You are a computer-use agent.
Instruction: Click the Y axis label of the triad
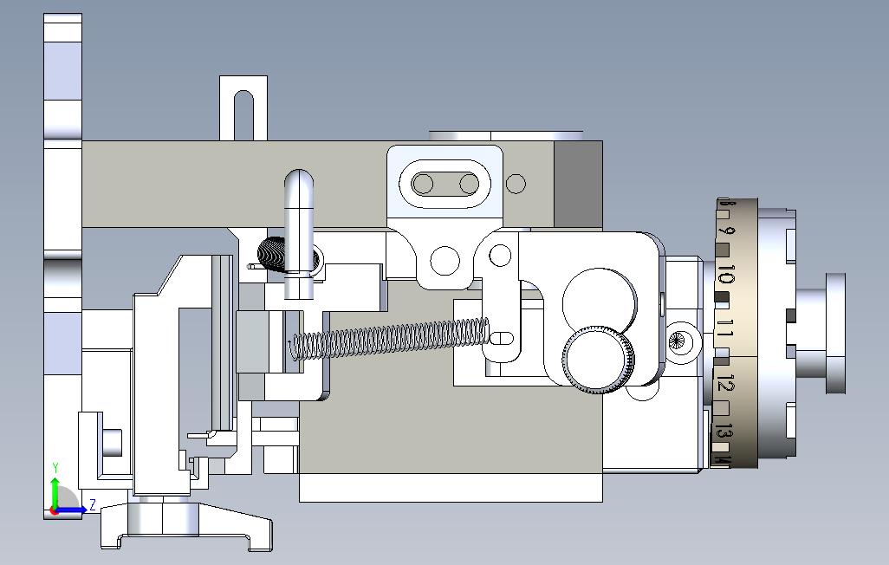pos(55,469)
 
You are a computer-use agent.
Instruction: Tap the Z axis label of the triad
pos(93,504)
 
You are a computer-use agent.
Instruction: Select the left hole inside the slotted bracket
pos(424,184)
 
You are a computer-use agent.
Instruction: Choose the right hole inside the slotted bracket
pos(469,184)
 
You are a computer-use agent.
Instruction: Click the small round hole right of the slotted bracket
pos(516,184)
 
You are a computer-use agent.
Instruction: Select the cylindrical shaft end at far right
pos(835,333)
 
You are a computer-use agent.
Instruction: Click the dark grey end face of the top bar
pos(578,185)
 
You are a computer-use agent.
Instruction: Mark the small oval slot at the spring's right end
pos(503,337)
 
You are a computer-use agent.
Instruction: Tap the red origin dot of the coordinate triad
pos(55,510)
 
